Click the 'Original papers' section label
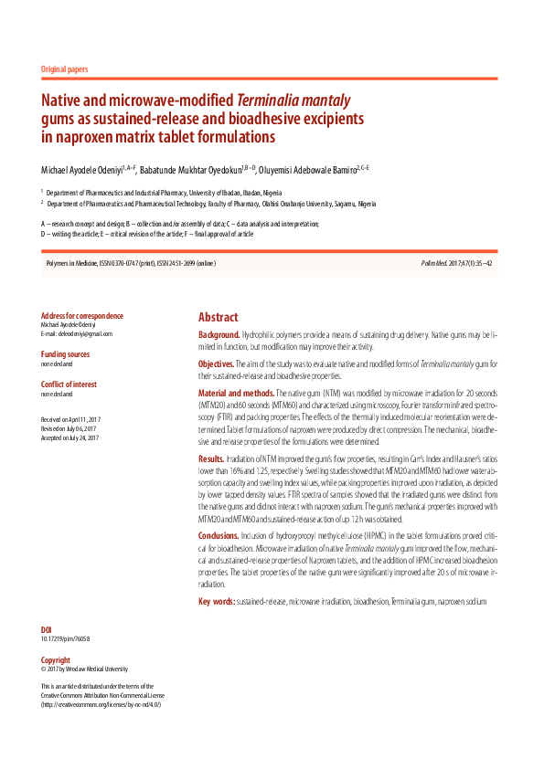pyautogui.click(x=64, y=68)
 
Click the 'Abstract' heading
pyautogui.click(x=219, y=317)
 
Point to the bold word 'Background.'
pyautogui.click(x=219, y=335)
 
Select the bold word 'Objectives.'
pyautogui.click(x=217, y=363)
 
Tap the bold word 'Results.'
pyautogui.click(x=211, y=458)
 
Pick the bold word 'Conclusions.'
pyautogui.click(x=219, y=534)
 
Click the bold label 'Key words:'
pyautogui.click(x=217, y=601)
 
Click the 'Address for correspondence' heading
pyautogui.click(x=82, y=316)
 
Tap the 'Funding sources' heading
pyautogui.click(x=65, y=353)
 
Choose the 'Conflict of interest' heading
pyautogui.click(x=69, y=384)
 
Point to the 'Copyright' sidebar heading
pyautogui.click(x=56, y=659)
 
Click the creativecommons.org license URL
pyautogui.click(x=101, y=705)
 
